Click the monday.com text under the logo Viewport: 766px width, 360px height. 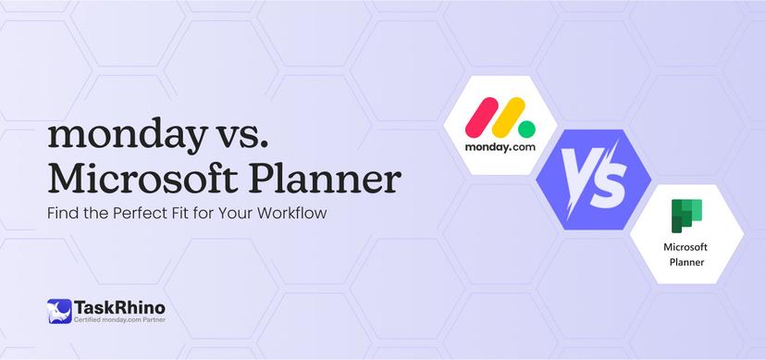501,147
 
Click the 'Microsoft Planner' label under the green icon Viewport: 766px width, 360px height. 686,254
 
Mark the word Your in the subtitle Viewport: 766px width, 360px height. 230,213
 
